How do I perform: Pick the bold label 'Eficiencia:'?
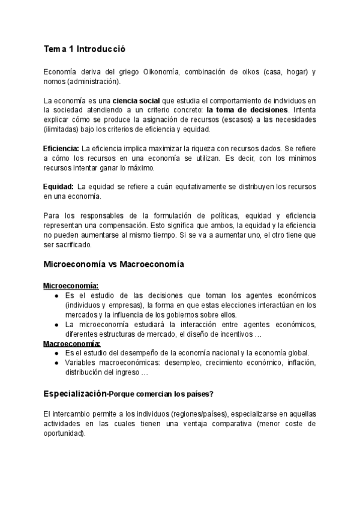point(61,148)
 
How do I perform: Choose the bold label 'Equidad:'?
point(58,186)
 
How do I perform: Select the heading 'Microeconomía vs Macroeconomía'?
point(114,264)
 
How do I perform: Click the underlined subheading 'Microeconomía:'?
point(71,286)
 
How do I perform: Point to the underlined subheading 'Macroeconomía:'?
point(71,343)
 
